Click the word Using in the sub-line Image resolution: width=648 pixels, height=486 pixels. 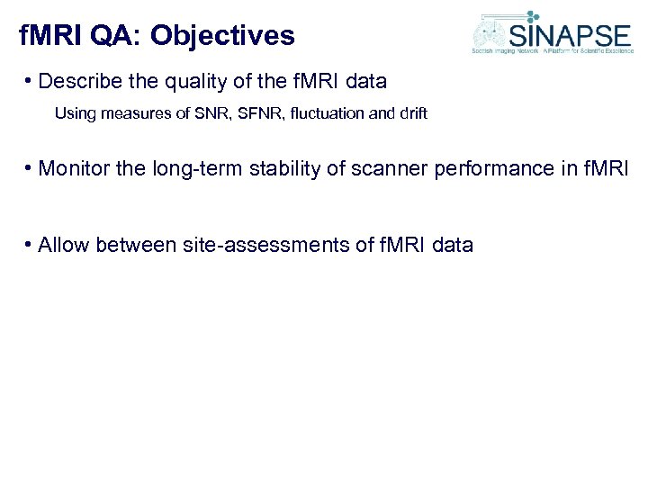pos(73,113)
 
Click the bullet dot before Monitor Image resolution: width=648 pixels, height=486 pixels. pos(31,168)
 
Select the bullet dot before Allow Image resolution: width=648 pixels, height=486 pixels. pos(31,245)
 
